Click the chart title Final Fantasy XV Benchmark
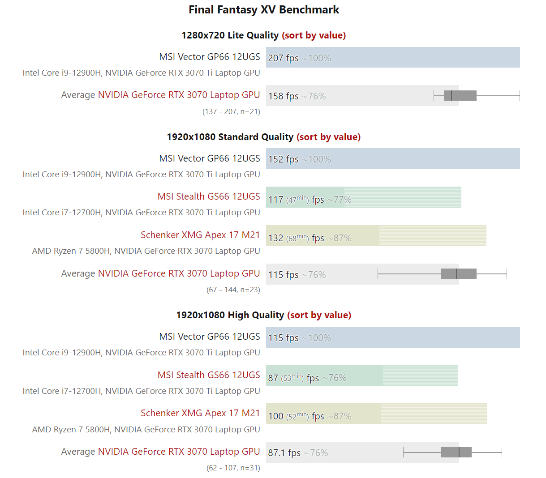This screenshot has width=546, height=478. [x=264, y=9]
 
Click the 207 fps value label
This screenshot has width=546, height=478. [x=283, y=58]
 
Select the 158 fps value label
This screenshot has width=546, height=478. [x=283, y=96]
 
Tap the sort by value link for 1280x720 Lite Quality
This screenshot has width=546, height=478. [x=314, y=35]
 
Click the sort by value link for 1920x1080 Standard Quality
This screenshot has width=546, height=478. [x=328, y=137]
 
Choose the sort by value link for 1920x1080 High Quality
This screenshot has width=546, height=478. [x=319, y=315]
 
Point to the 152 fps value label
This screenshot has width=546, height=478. [x=283, y=159]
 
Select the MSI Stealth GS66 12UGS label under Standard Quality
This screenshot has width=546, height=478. [x=209, y=196]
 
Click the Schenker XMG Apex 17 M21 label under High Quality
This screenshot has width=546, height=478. [x=200, y=413]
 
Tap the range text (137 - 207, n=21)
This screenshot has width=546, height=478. [x=231, y=111]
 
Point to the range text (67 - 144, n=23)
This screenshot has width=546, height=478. [x=233, y=290]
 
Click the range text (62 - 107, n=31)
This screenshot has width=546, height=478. [x=233, y=468]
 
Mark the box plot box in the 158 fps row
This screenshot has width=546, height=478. [x=460, y=95]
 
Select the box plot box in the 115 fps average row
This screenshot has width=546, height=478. [x=459, y=274]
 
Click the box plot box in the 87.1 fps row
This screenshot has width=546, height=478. [x=456, y=452]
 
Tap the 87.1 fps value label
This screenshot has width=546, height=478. [x=284, y=452]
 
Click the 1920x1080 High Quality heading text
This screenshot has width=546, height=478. [x=230, y=315]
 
